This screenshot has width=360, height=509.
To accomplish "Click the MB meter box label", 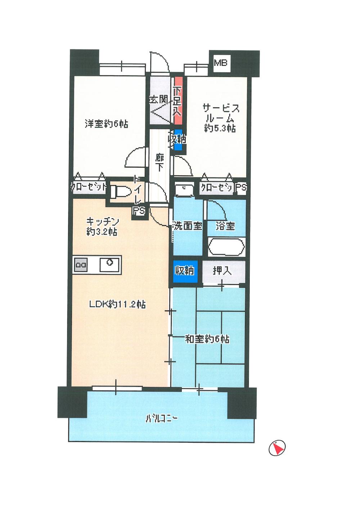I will coord(221,63).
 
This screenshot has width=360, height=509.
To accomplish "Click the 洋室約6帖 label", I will coord(107,124).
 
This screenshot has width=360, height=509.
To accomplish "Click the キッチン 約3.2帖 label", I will coord(102,226).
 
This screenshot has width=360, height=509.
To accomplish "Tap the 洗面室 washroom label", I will coord(187,226).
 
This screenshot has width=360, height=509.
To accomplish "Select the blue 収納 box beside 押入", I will coord(185,270).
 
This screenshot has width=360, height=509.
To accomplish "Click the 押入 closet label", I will coord(222,270).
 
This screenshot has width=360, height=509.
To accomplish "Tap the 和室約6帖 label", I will coord(207,339).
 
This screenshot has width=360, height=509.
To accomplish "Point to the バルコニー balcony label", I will coord(162,419).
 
